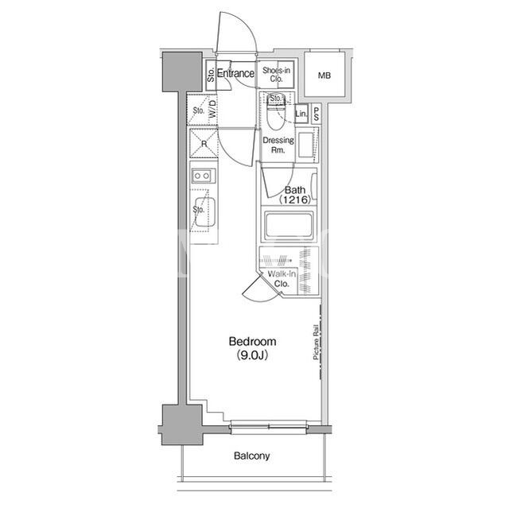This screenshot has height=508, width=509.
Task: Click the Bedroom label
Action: click(x=252, y=341)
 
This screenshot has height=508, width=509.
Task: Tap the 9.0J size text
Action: click(x=252, y=355)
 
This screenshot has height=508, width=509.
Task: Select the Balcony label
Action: click(x=251, y=456)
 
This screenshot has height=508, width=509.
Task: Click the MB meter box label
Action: click(x=324, y=76)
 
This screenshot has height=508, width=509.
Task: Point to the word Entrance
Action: click(x=235, y=73)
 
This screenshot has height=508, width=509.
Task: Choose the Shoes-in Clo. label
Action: click(x=276, y=74)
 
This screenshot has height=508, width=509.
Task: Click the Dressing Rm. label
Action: click(x=278, y=145)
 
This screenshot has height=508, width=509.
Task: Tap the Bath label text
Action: click(x=295, y=190)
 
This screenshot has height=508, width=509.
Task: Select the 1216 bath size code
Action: click(x=295, y=200)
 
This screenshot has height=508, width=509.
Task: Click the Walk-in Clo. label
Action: click(x=282, y=279)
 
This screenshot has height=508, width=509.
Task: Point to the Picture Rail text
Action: click(x=315, y=342)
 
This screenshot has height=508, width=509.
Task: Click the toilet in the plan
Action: click(x=276, y=111)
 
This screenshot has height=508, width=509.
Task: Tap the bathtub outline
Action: click(x=289, y=226)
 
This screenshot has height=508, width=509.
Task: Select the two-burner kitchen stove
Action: click(x=202, y=176)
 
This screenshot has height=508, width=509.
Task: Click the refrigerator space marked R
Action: click(x=204, y=143)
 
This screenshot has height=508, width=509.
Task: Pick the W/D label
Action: click(x=212, y=109)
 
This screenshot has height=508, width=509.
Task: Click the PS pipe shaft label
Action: click(x=317, y=114)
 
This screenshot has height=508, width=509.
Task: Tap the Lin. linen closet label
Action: click(x=301, y=114)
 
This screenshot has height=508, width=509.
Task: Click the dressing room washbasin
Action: click(x=305, y=145)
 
